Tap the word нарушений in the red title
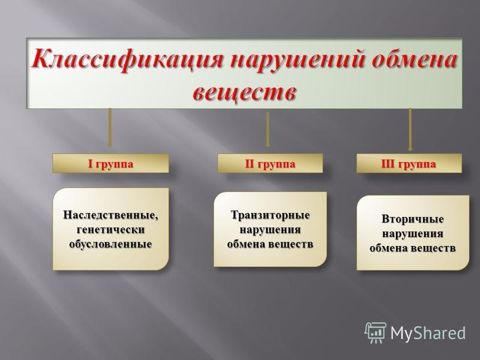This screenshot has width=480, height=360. [296, 59]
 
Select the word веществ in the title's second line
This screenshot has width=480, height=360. [244, 91]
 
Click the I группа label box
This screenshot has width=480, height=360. [110, 163]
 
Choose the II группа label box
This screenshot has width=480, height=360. [270, 163]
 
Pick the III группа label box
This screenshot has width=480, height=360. [409, 163]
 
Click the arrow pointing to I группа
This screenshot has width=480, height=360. [110, 127]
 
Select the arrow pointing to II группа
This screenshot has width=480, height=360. [268, 129]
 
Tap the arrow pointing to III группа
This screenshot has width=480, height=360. [410, 130]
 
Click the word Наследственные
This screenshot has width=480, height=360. [111, 215]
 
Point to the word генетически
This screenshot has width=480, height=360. [110, 230]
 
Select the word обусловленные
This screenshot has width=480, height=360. [110, 244]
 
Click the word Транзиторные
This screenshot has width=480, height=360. [270, 215]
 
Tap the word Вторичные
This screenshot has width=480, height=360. [413, 219]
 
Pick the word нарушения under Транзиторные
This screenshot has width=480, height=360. [270, 230]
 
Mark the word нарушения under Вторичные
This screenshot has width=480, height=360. [413, 234]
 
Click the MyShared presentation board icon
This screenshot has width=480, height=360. [376, 333]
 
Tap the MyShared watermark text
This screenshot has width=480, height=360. [428, 333]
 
